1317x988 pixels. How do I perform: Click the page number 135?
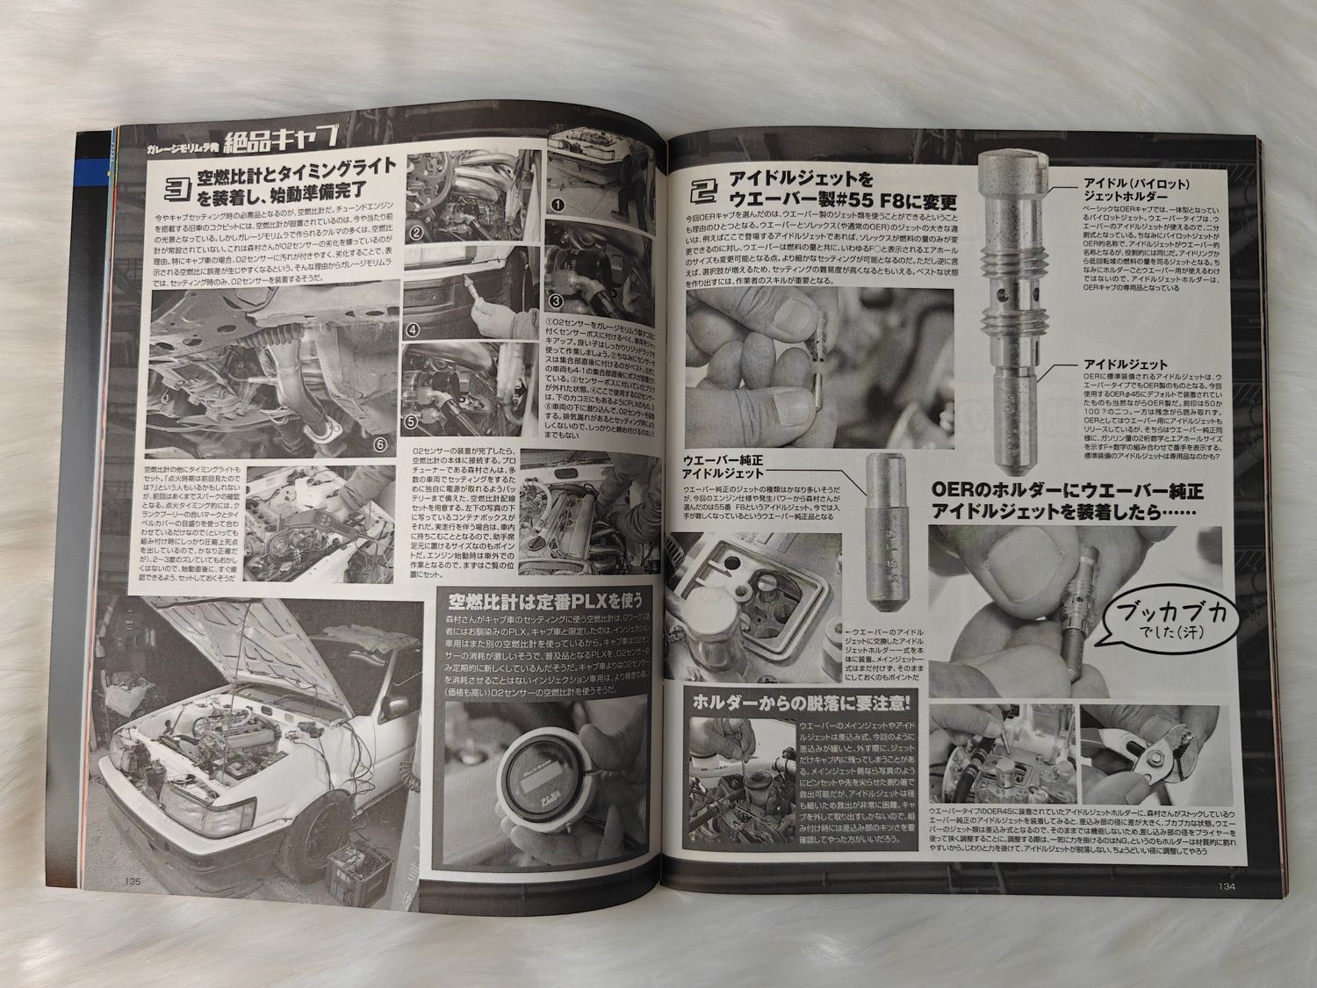coord(133,882)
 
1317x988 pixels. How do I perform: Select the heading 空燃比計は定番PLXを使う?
coord(546,601)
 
